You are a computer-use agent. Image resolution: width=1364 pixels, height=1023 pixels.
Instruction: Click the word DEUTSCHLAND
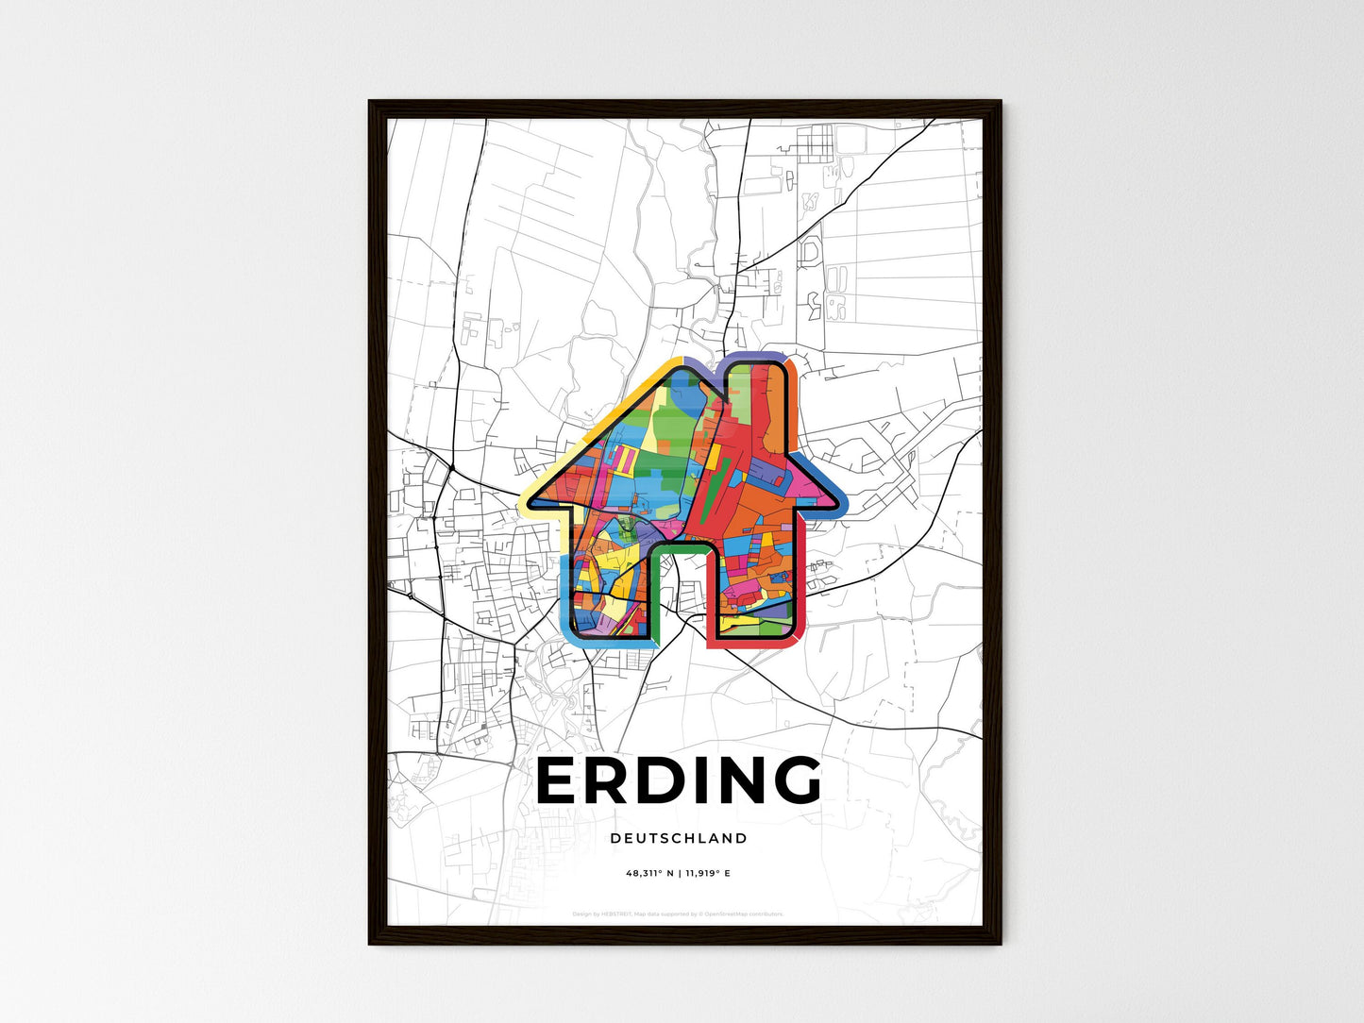click(679, 838)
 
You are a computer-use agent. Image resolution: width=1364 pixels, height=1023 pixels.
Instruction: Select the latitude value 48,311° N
click(649, 874)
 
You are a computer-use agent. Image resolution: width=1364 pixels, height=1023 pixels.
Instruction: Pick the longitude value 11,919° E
click(707, 874)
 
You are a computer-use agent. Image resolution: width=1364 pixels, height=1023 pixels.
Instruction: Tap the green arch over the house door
click(680, 546)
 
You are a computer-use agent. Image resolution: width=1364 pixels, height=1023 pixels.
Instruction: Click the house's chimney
click(755, 396)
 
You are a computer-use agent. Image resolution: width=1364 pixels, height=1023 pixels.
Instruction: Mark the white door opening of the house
click(681, 595)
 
